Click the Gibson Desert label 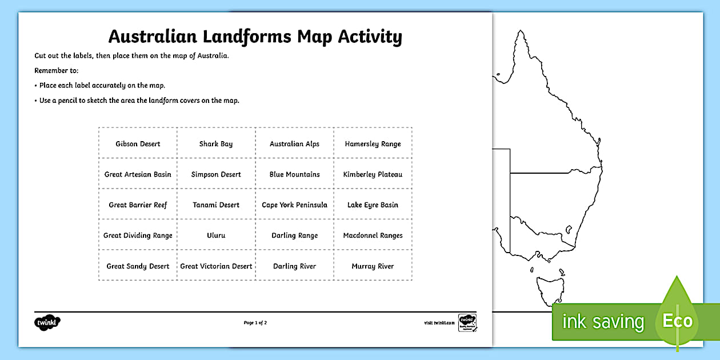coord(138,144)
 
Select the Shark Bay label coord(216,144)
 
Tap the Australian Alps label coord(294,144)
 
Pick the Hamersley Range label coord(373,144)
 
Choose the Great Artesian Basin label coord(138,174)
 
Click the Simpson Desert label coord(216,174)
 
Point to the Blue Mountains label coord(294,174)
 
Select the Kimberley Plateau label coord(373,174)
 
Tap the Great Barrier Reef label coord(138,205)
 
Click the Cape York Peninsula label coord(294,205)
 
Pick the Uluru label coord(216,235)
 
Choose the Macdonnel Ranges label coord(373,235)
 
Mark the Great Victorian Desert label coord(216,266)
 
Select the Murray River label coord(373,266)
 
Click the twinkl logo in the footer coord(47,322)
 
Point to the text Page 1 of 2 coord(255,323)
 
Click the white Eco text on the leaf coord(677,321)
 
